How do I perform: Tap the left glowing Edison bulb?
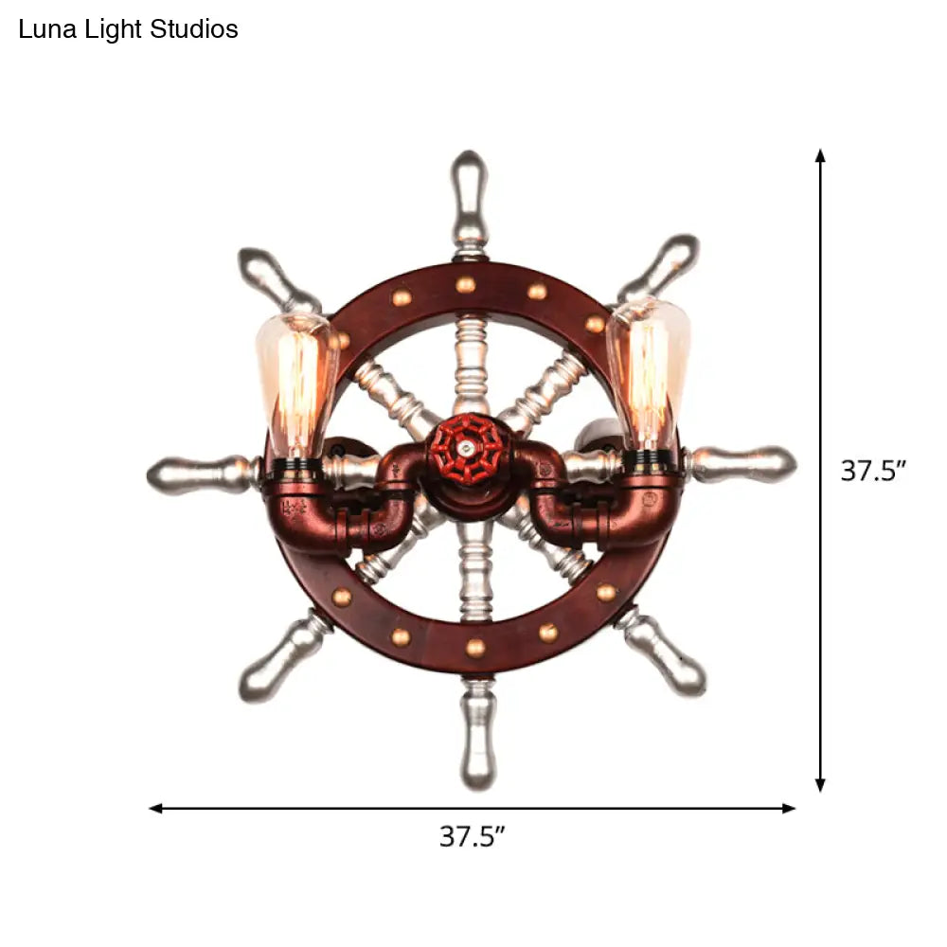click(x=295, y=386)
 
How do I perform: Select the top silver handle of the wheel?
click(x=470, y=200)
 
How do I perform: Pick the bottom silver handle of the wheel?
click(x=477, y=733)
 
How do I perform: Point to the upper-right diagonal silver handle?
click(x=659, y=268)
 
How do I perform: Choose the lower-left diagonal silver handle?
click(x=284, y=657)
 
